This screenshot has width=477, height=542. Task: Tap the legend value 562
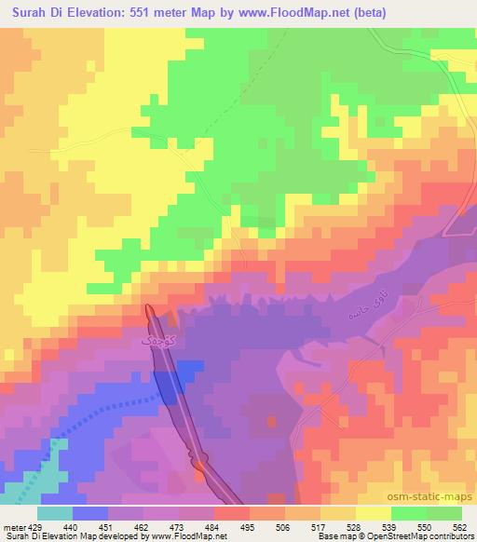tap(460, 526)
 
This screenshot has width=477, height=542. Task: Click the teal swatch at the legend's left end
tap(54, 513)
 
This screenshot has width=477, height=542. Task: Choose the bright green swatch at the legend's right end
tap(443, 513)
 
